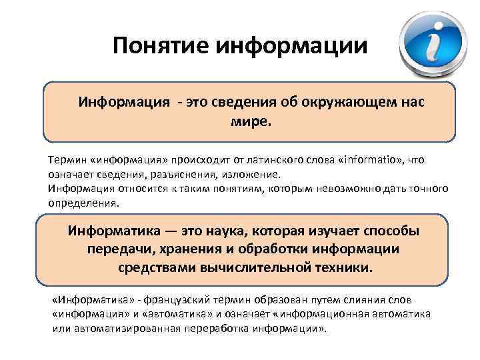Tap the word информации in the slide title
pyautogui.click(x=291, y=46)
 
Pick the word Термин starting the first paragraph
pyautogui.click(x=65, y=161)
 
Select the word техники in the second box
pyautogui.click(x=345, y=267)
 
